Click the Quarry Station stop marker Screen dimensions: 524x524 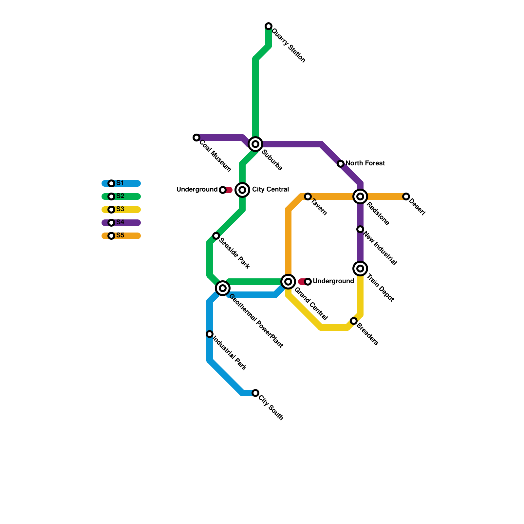(x=269, y=26)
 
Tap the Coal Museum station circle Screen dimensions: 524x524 (x=196, y=138)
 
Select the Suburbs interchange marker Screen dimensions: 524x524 (x=255, y=144)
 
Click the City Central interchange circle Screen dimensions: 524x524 (x=242, y=190)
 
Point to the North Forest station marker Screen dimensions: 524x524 (x=341, y=164)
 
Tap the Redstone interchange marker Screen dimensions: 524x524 (x=360, y=196)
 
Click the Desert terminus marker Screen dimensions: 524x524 (x=406, y=196)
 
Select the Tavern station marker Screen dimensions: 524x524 (x=308, y=196)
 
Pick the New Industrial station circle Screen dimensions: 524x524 (x=360, y=229)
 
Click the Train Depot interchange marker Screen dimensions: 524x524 (x=360, y=269)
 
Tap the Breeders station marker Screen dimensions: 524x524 (x=354, y=321)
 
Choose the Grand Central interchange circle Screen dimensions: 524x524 (x=288, y=282)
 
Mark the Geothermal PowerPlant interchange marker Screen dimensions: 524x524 (x=223, y=288)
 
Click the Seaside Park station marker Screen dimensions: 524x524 (x=216, y=236)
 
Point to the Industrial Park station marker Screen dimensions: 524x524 (x=210, y=334)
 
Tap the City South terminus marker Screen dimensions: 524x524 (x=255, y=393)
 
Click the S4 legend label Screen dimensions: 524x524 (x=120, y=222)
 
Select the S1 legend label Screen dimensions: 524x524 (x=120, y=183)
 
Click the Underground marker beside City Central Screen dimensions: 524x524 (x=223, y=190)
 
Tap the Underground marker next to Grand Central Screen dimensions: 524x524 (x=308, y=282)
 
